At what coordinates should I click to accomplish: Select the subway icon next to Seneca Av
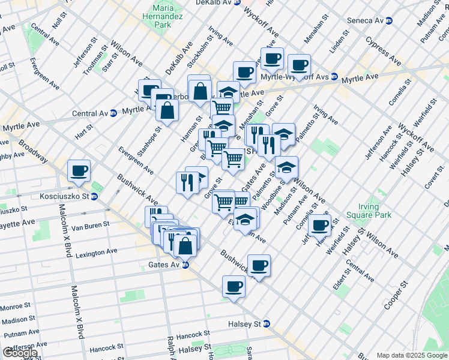click(389, 20)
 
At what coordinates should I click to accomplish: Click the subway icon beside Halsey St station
click(267, 324)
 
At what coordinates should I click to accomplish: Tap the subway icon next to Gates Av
click(186, 265)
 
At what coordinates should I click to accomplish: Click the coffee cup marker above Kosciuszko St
click(79, 170)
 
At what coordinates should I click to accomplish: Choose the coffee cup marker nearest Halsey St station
click(234, 286)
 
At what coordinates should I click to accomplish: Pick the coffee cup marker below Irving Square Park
click(320, 224)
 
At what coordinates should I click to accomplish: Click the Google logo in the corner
click(20, 353)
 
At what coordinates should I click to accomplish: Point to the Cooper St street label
click(396, 295)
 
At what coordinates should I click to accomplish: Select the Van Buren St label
click(90, 226)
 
